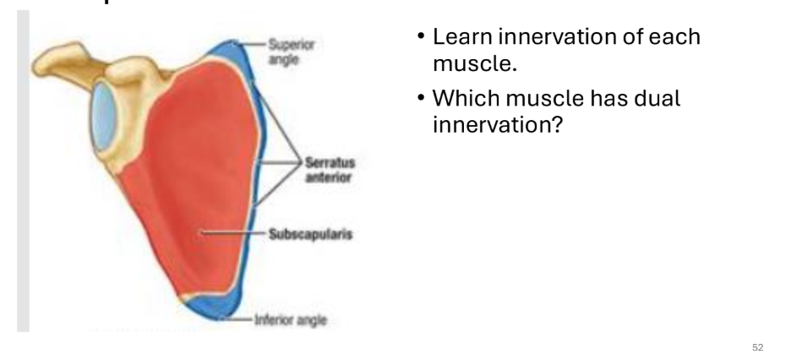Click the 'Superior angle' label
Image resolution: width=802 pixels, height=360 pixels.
(289, 51)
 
